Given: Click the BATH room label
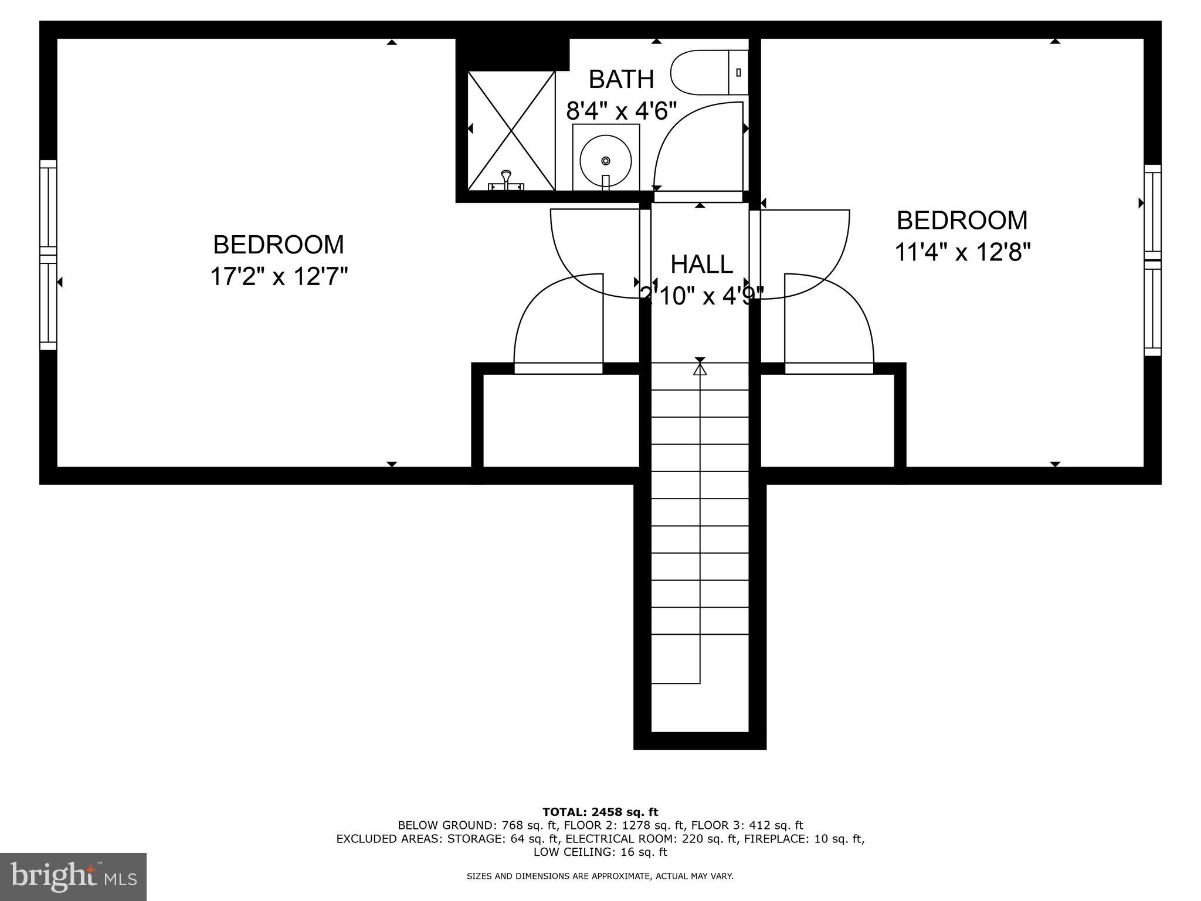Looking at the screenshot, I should pos(621,79).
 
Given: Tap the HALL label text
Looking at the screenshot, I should pos(701,265).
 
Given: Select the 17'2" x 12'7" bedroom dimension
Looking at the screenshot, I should pos(279,276).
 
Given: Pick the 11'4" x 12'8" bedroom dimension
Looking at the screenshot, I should pos(962,253).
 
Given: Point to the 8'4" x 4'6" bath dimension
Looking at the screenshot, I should pos(621,110).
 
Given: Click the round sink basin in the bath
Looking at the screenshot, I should pos(606,160).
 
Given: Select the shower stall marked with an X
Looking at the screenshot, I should pos(511,130).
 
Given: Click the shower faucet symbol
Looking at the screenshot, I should pos(505,180).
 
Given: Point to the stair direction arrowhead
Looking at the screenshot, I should pos(700,369).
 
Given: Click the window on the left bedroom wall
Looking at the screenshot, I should pos(48,255).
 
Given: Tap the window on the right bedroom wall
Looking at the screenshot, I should pos(1152,260).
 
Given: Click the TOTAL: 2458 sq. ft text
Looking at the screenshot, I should pos(600,812).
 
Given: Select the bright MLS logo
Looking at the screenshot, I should pos(73,876).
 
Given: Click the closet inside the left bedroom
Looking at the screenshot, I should pos(561,420).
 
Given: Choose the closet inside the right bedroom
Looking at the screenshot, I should pos(827,420).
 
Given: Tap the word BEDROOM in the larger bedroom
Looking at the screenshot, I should pos(279,245).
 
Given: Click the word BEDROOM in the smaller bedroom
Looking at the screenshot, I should pos(962,221).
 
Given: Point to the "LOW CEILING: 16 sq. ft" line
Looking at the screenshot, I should pos(600,852).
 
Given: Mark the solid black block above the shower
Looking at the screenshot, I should pos(512,54).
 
